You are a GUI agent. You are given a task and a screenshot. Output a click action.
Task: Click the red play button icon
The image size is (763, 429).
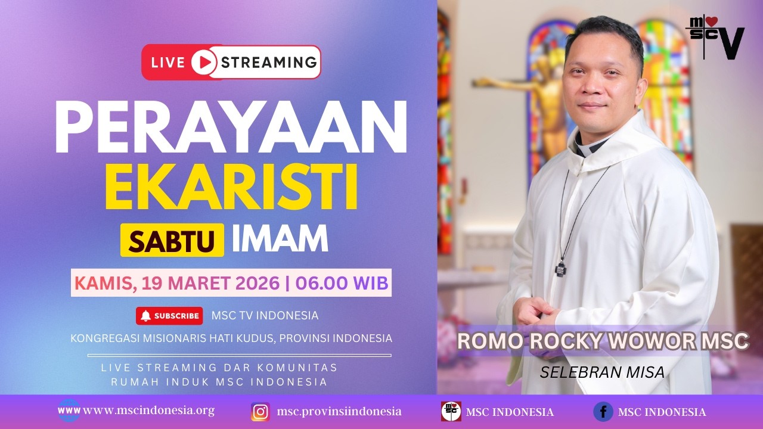[204, 62]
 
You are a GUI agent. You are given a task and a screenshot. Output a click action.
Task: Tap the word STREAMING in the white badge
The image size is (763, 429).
[269, 62]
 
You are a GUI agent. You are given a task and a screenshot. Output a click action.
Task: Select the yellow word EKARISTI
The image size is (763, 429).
[231, 189]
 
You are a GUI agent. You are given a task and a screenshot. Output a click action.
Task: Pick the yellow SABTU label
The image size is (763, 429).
[172, 240]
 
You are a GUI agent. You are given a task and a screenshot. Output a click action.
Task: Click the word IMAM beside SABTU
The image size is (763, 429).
[280, 238]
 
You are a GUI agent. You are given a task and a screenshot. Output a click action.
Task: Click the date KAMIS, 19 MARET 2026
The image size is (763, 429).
[176, 283]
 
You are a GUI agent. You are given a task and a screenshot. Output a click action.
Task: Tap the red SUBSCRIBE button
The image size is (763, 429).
[169, 316]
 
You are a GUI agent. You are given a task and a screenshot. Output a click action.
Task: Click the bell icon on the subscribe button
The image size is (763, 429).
[145, 316]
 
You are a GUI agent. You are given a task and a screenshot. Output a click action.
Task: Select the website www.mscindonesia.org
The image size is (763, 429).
[148, 411]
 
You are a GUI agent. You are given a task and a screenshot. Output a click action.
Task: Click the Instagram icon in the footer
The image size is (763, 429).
[260, 412]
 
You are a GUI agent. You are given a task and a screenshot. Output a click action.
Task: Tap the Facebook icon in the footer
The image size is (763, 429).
[603, 412]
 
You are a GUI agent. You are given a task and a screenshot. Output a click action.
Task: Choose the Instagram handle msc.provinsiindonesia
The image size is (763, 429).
[339, 412]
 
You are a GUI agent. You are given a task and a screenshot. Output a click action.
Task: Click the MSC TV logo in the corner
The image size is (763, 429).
[715, 37]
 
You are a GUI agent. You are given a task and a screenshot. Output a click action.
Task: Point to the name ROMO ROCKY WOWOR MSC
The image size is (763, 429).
[603, 341]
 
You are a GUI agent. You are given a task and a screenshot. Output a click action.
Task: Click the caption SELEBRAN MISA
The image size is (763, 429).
[602, 372]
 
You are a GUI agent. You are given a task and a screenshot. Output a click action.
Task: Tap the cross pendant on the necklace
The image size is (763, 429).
[561, 268]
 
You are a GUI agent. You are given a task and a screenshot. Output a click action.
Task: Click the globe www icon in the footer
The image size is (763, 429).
[69, 411]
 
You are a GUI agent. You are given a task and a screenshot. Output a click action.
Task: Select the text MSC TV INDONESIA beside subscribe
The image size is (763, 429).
[265, 316]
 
